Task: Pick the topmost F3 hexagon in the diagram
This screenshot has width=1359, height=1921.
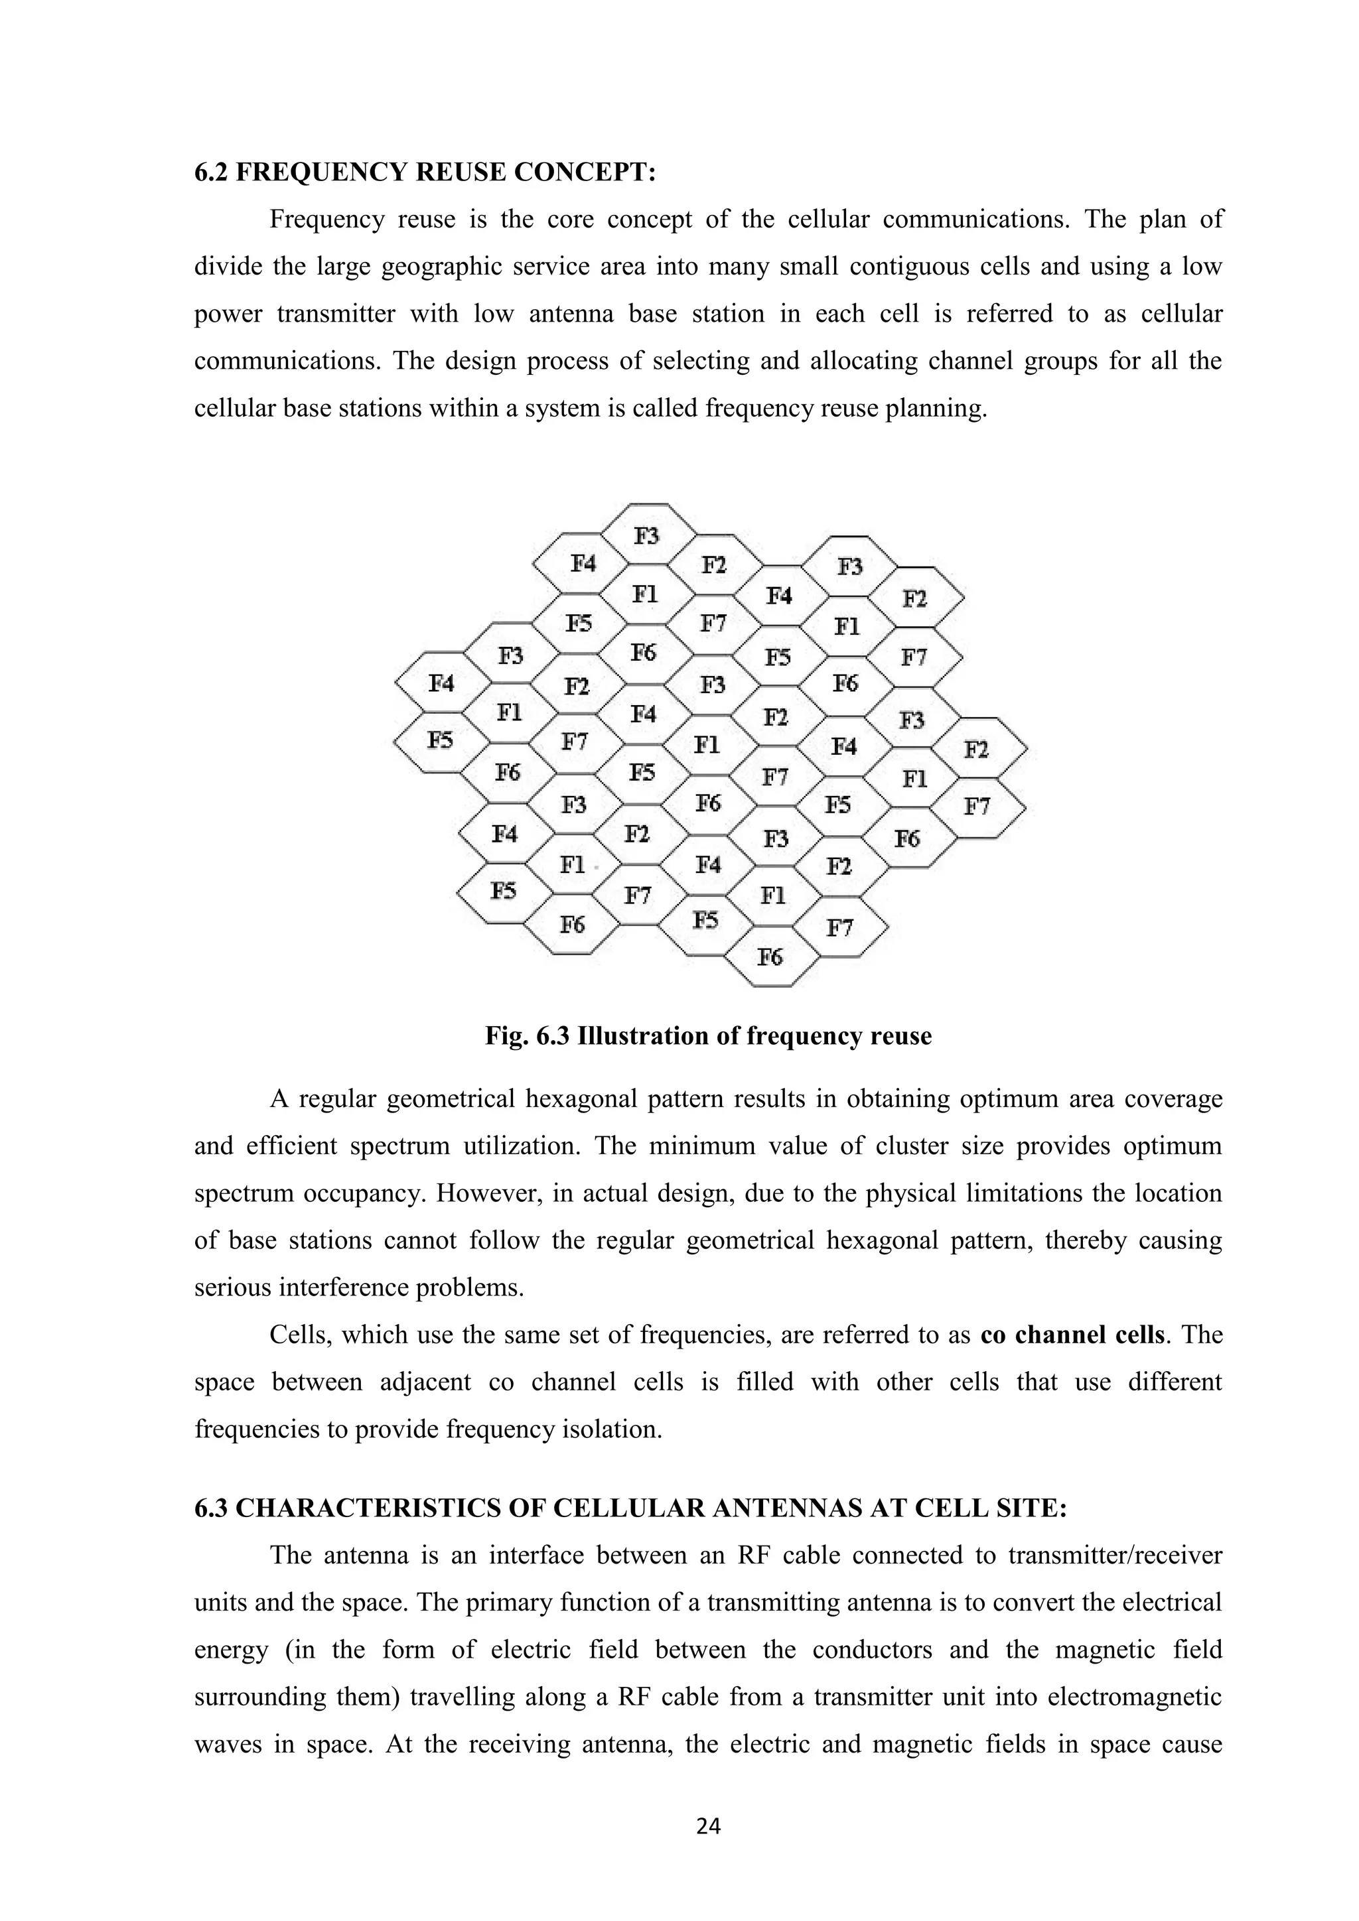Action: pos(647,535)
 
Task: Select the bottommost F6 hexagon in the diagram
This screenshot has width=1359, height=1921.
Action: pos(770,957)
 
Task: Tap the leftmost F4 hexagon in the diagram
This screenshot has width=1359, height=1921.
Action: pos(442,684)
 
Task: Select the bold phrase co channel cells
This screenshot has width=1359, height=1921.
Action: pos(1072,1335)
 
